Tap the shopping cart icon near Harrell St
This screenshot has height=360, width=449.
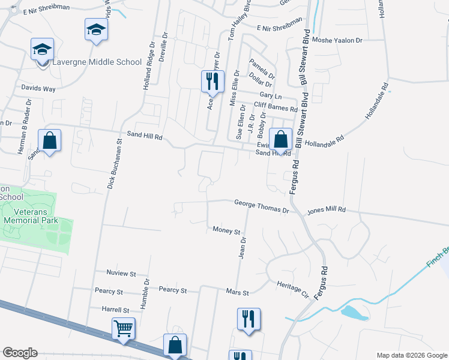point(123,329)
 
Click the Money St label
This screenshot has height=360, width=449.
point(226,230)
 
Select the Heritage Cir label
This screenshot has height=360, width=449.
point(292,289)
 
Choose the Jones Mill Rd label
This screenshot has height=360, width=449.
point(327,211)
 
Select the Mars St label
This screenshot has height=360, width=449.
point(238,293)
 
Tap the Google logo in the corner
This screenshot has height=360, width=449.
point(20,353)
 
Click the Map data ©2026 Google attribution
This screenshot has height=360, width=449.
point(411,355)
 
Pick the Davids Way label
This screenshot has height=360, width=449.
point(38,89)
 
